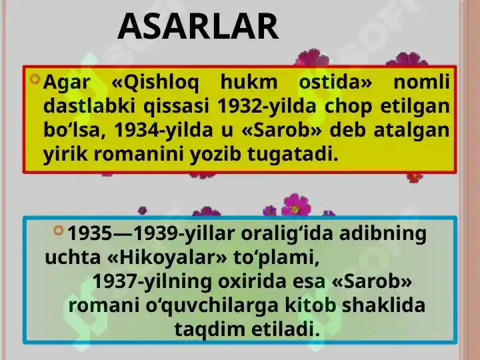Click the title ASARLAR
point(198,27)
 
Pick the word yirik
point(65,155)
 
